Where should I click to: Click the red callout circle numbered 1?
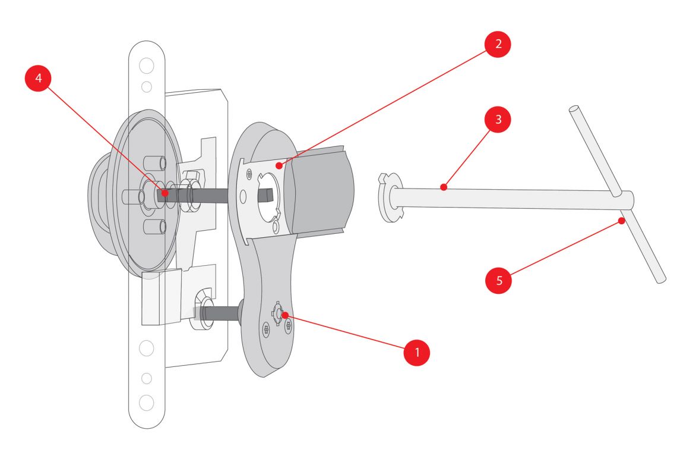(417, 351)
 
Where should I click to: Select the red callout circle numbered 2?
(496, 43)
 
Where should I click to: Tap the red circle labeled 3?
(498, 119)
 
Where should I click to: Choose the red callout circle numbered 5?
(499, 280)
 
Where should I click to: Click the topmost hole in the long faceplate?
(146, 64)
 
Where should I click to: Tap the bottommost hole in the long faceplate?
(146, 403)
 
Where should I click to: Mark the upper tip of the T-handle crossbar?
(574, 110)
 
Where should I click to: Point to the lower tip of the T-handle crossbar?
(661, 278)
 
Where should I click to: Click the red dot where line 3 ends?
(443, 187)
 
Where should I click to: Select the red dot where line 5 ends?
(621, 221)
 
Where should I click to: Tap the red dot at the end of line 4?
(164, 193)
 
